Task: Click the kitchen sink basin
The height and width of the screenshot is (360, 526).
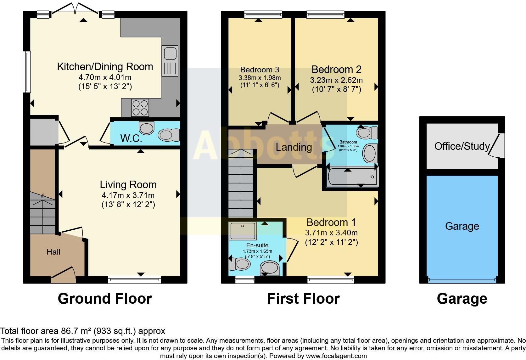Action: point(170,53)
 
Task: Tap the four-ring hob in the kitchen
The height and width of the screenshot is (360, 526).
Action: point(140,108)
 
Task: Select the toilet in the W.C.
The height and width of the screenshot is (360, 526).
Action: point(169,135)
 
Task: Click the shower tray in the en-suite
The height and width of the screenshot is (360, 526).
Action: point(243,231)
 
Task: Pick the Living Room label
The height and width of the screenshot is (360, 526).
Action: point(128,185)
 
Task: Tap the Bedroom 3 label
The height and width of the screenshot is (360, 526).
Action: point(260,70)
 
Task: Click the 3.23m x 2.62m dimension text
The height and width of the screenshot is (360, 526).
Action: point(336,80)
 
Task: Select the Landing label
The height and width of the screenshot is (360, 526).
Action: point(294,147)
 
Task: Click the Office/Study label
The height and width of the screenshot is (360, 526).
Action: point(462,146)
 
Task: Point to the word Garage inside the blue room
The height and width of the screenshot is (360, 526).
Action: point(462,226)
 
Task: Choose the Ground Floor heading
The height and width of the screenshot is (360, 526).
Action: point(105,298)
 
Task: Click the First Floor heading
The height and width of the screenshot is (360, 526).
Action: point(303,298)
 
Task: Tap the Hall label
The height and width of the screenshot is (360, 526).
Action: point(53,252)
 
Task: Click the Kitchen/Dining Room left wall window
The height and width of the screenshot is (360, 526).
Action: point(27,72)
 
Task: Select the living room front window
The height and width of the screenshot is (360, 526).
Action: point(135,279)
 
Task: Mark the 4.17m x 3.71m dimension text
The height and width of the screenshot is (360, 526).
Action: point(128,195)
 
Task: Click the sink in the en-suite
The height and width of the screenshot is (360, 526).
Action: point(270,268)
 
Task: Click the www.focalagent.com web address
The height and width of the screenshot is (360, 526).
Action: point(337,356)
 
